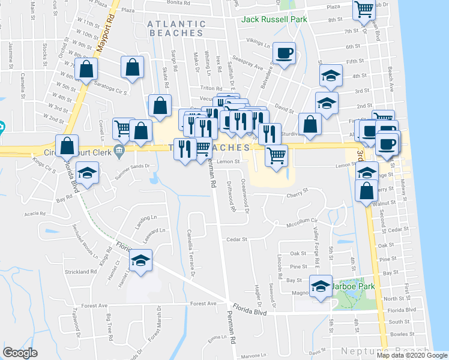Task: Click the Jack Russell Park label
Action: (274, 19)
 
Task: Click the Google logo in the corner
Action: (20, 353)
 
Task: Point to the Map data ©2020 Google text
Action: (412, 355)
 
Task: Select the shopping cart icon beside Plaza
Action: (364, 10)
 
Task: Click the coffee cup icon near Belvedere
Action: (283, 53)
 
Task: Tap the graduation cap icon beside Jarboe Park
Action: (321, 286)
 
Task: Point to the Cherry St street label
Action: (297, 194)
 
